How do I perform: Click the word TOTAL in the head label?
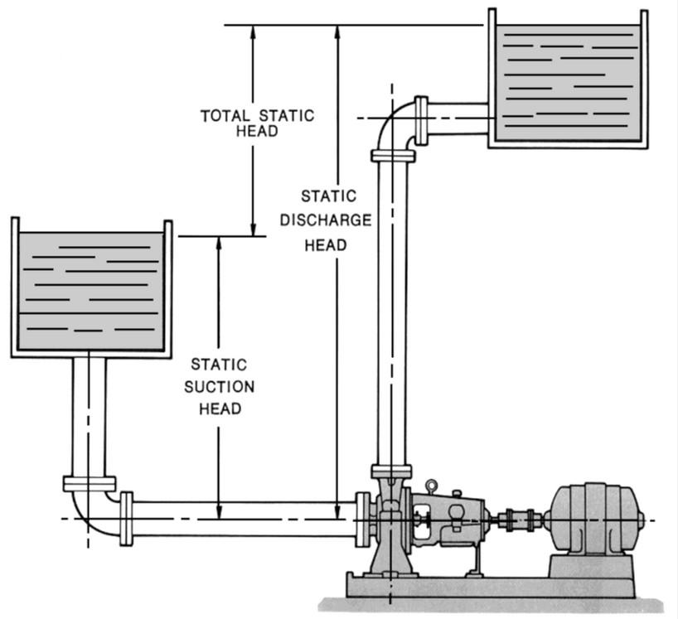tap(225, 116)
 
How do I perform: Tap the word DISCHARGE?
tap(326, 220)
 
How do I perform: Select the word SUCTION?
tap(219, 386)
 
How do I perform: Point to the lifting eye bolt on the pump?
tap(431, 486)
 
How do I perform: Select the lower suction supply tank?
tap(91, 288)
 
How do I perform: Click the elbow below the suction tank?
tap(93, 516)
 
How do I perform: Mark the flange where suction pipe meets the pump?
tap(362, 520)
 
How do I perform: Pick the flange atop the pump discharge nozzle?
tap(392, 472)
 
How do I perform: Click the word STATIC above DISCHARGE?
tap(328, 196)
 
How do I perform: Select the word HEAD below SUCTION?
tap(220, 409)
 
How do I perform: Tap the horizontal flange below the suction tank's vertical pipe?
tap(90, 484)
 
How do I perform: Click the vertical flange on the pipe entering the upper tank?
tap(421, 121)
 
